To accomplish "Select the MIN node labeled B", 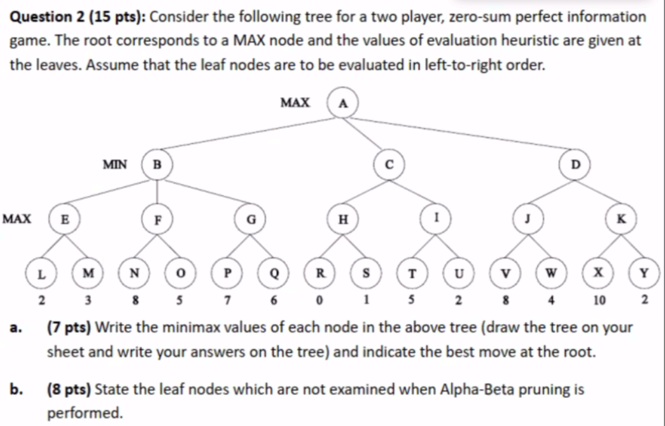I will (158, 165).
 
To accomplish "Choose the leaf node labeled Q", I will (274, 275).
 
